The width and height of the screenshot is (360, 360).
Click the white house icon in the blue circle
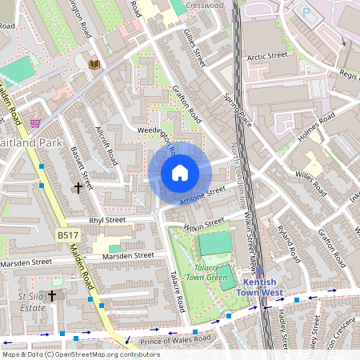180,173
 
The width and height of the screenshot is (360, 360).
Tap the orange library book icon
94,64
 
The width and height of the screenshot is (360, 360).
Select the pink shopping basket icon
36,122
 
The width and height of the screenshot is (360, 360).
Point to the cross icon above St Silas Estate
52,295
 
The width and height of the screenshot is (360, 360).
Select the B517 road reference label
68,235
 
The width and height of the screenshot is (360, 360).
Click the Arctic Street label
266,57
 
